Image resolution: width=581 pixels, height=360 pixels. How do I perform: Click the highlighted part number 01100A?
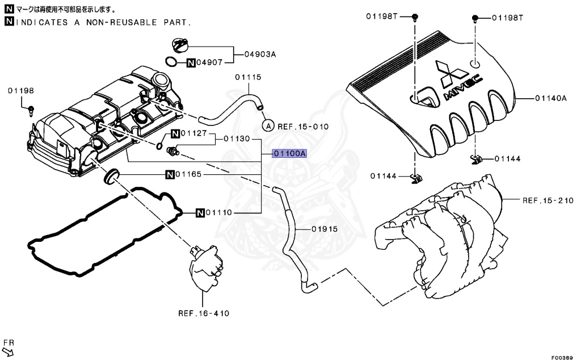[x=289, y=153]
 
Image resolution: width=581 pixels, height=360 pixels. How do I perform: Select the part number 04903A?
[x=260, y=55]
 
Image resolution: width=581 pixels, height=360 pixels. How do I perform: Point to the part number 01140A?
[x=550, y=98]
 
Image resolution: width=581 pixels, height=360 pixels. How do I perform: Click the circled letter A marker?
[x=268, y=125]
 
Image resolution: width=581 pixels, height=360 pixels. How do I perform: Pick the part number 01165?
[x=189, y=174]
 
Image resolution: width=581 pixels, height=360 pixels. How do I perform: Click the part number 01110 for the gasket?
[x=218, y=213]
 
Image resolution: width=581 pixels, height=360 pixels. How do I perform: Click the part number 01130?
[x=237, y=139]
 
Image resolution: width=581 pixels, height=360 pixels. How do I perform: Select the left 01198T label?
[x=380, y=16]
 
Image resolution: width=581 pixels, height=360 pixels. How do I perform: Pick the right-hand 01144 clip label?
[x=507, y=158]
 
